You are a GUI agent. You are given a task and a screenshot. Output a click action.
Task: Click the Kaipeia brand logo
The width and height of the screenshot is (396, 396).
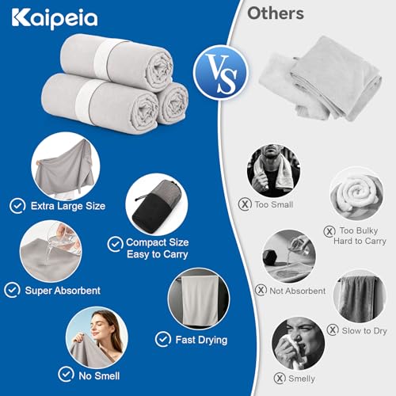click(x=55, y=18)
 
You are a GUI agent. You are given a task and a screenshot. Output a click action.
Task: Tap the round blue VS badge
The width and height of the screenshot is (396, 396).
click(x=220, y=73)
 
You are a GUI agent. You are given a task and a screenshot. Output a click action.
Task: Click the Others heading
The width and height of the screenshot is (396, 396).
click(x=276, y=13)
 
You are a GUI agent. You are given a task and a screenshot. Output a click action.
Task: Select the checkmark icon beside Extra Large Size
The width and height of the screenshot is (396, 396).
click(x=17, y=206)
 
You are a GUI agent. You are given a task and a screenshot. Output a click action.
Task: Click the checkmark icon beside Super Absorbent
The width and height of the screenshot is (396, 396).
click(x=12, y=290)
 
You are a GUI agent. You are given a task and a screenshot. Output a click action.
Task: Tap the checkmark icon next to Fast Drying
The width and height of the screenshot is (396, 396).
click(x=163, y=339)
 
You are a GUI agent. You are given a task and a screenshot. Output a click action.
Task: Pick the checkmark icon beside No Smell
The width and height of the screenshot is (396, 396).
click(x=66, y=374)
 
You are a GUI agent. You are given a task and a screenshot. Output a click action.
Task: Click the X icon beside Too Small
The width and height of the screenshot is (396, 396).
click(x=245, y=204)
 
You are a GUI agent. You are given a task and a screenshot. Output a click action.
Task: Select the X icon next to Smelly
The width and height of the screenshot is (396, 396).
click(x=280, y=379)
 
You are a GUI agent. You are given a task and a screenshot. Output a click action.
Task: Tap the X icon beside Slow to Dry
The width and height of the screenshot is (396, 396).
click(x=333, y=330)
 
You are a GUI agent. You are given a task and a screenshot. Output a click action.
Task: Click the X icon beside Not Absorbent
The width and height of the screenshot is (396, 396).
click(x=261, y=290)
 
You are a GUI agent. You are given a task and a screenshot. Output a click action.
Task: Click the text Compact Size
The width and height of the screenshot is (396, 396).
click(x=158, y=242)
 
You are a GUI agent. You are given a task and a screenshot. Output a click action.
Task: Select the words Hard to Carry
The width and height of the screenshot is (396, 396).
click(x=360, y=241)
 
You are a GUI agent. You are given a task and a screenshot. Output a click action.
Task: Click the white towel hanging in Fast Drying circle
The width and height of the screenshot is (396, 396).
click(x=200, y=301)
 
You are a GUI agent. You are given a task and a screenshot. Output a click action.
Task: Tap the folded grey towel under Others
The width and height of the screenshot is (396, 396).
click(x=321, y=79)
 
